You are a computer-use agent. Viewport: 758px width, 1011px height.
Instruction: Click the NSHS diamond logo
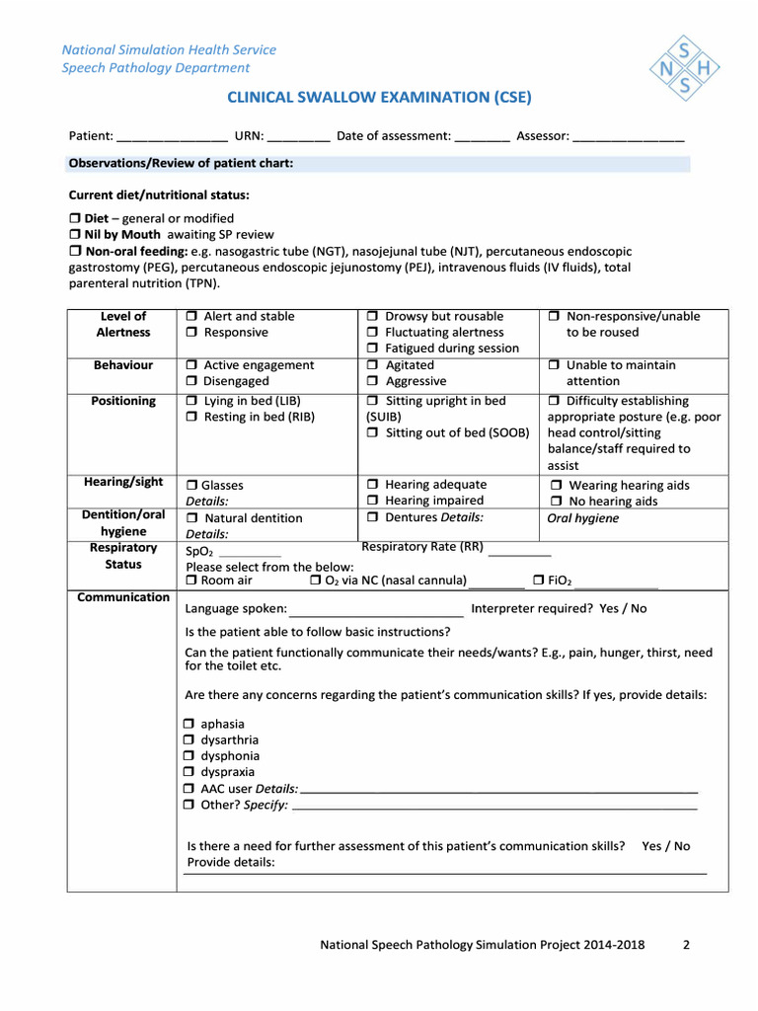685,67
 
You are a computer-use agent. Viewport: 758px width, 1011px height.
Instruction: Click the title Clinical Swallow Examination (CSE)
379,97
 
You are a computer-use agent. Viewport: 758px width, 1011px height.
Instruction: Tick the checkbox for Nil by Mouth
74,235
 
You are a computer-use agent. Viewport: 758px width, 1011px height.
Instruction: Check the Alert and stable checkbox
191,317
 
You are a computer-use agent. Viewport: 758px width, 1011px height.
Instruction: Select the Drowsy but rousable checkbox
373,317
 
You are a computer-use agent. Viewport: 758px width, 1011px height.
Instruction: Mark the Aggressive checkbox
373,382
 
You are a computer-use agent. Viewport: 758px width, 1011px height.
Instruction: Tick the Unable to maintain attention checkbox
554,366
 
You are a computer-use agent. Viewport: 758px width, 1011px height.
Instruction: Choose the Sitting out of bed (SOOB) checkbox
373,433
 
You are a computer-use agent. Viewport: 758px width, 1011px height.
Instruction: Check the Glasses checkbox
191,486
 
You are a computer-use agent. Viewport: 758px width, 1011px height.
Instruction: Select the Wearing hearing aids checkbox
557,486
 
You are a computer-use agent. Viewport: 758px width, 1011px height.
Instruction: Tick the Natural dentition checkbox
193,518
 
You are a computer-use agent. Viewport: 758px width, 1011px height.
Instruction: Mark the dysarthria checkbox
189,740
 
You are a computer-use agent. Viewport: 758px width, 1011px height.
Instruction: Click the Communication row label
123,597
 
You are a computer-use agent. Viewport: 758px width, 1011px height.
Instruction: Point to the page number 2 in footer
686,945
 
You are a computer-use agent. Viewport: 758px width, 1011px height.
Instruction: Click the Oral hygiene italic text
583,518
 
